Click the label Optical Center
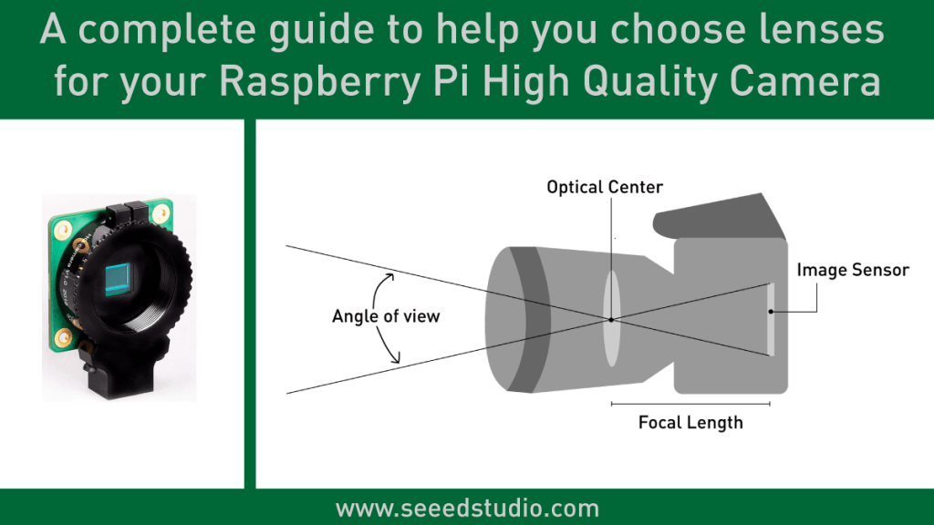[x=605, y=188]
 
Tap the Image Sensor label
[x=852, y=270]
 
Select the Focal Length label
[x=690, y=422]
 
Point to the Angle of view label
[x=386, y=316]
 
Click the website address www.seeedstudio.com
[x=467, y=508]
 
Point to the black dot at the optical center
[x=610, y=319]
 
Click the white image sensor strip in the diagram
[x=772, y=319]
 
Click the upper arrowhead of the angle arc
[x=390, y=275]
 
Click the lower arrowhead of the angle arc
[x=395, y=361]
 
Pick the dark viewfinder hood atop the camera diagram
[x=721, y=219]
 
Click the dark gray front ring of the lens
[x=529, y=319]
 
